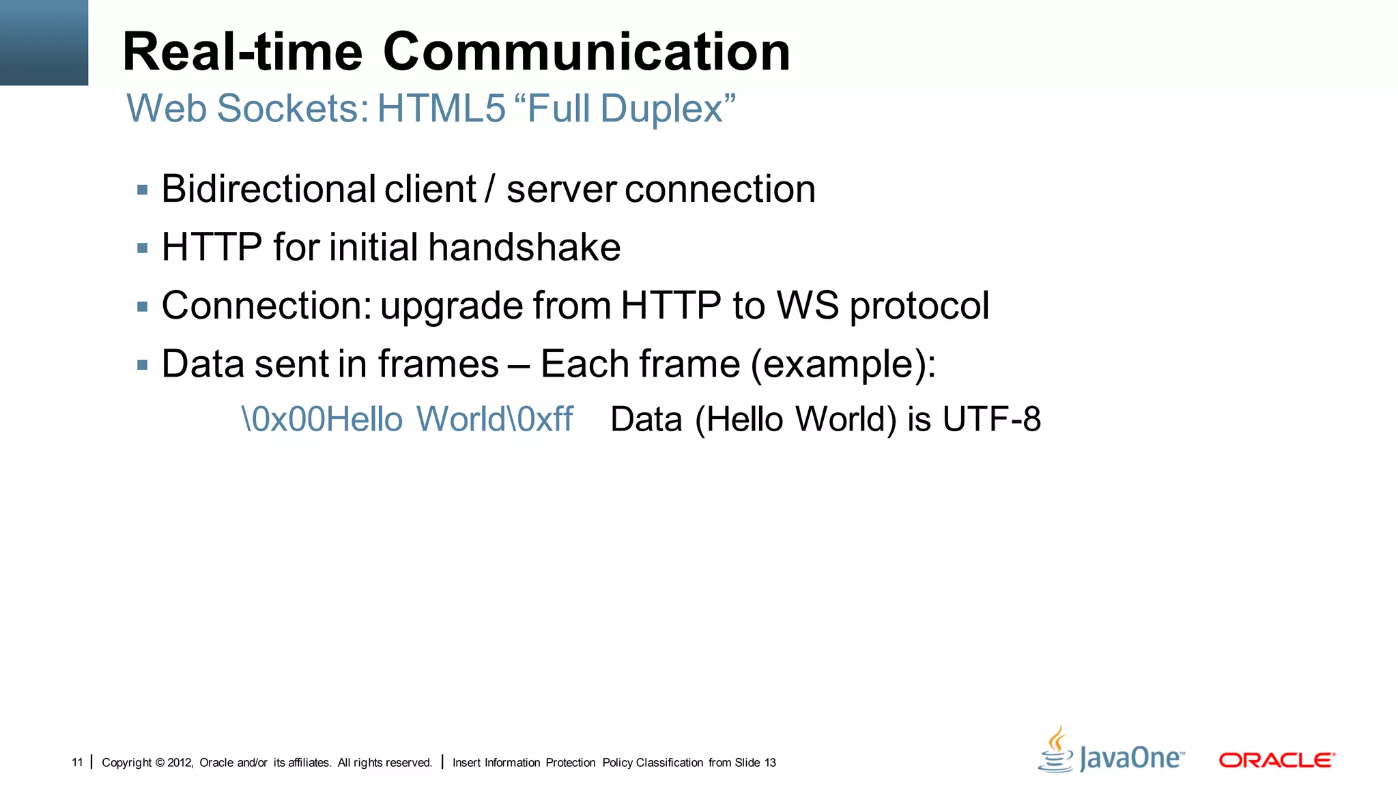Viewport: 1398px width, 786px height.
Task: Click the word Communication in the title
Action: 586,52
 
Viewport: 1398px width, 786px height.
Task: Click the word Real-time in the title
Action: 242,52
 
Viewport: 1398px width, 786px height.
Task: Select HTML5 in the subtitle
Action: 441,108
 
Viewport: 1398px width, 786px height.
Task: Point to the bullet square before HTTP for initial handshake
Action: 143,248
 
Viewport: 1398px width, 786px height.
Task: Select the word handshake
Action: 524,247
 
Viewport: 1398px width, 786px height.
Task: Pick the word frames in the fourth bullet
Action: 438,364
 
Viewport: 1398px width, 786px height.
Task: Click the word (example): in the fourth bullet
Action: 843,364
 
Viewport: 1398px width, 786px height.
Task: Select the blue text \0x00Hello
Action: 322,419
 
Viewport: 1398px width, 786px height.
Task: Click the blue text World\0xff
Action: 495,419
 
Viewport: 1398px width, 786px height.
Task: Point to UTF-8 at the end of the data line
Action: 991,419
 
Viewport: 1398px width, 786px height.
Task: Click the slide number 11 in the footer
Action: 77,762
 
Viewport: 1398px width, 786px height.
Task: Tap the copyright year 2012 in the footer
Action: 180,762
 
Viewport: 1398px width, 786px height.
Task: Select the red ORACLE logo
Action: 1276,759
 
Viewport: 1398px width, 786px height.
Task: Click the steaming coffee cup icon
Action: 1056,750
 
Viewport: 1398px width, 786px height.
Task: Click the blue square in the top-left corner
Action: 44,42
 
